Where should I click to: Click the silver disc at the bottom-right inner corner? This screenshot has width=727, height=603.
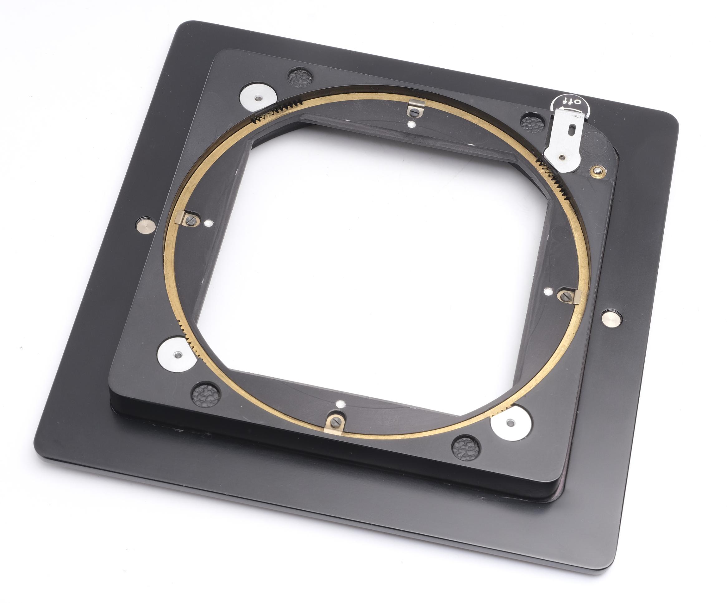[x=509, y=423]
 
